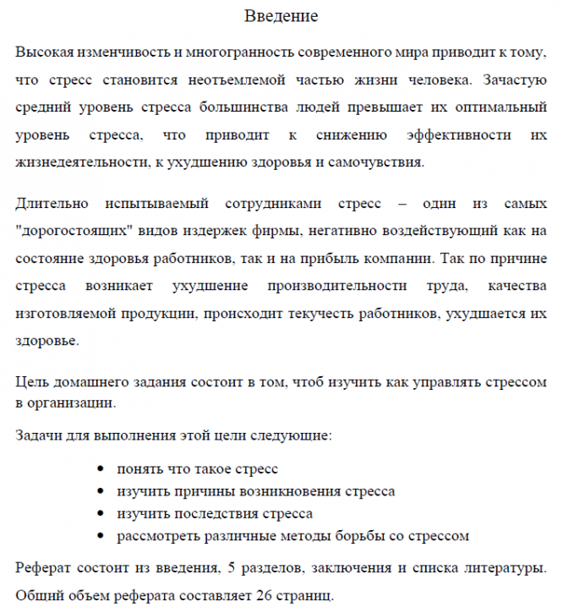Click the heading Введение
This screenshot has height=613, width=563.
coord(281,16)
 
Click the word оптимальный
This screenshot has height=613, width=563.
coord(500,108)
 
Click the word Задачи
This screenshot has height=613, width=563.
coord(41,437)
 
